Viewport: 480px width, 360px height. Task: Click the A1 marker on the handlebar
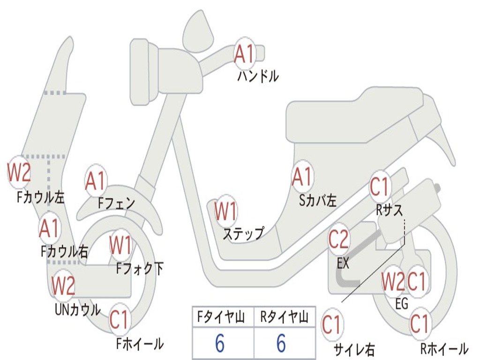[x=245, y=54]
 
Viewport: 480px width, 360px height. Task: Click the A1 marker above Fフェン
[x=96, y=181]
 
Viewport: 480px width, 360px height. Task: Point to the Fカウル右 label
[x=64, y=252]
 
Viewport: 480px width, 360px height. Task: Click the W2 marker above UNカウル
[x=63, y=285]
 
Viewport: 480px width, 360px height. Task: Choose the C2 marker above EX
[x=338, y=240]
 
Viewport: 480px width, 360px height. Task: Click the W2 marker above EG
[x=392, y=282]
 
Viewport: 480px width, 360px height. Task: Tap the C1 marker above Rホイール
[x=419, y=323]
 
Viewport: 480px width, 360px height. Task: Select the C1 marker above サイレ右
[x=332, y=325]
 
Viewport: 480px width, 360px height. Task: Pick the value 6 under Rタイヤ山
[x=281, y=344]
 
